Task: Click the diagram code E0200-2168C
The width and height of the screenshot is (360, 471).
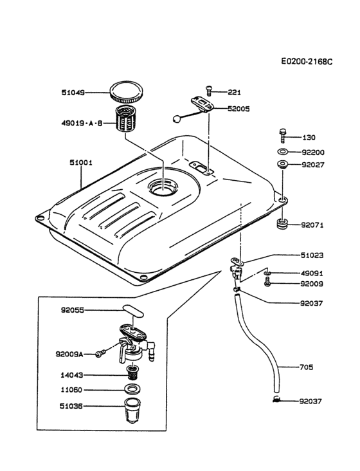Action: pos(307,62)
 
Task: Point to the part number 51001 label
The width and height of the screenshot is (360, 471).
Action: pos(81,163)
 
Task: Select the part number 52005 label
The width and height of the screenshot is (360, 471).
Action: pos(240,109)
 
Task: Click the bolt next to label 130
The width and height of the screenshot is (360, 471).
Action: pos(282,136)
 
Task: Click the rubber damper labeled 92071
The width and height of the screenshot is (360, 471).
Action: pos(282,225)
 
